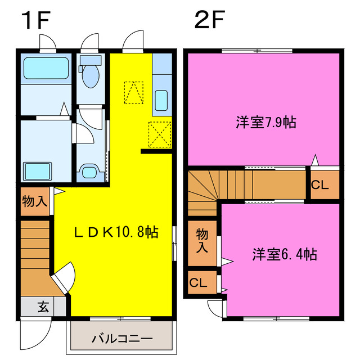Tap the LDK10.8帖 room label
117,231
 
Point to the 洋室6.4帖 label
283,254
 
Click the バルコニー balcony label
121,339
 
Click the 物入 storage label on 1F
35,201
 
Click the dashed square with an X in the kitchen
159,133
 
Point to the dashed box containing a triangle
133,93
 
